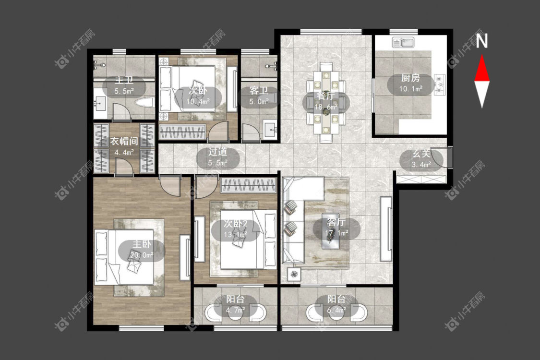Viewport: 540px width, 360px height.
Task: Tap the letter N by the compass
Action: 482,41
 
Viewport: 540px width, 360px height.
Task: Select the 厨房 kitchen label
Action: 410,78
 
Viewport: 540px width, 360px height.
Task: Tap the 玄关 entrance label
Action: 421,154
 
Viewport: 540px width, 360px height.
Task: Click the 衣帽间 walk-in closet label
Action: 124,142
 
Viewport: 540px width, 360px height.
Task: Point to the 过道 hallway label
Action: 217,152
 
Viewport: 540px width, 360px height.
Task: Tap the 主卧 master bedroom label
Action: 142,245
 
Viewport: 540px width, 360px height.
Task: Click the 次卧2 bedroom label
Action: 236,224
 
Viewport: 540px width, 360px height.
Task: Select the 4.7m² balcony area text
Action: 235,311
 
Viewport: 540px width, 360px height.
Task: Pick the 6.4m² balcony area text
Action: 336,311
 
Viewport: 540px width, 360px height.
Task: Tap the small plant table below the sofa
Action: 294,275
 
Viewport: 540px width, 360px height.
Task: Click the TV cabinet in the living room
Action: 386,229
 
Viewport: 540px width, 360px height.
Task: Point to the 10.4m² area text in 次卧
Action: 198,102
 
